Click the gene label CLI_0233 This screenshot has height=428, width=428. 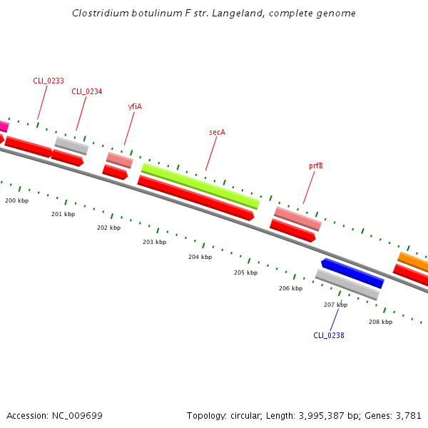pos(49,81)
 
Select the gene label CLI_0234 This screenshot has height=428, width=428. pos(87,91)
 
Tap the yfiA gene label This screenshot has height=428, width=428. pos(135,106)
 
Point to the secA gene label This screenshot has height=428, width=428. pos(217,132)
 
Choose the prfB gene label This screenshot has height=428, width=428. pos(315,165)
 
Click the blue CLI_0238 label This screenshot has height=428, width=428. pos(329,335)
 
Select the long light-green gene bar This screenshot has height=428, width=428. pos(200,185)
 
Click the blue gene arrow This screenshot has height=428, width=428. pos(352,273)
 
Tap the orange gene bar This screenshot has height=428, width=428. pos(413,262)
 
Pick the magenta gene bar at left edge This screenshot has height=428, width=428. pos(4,126)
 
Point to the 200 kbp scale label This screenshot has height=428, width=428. pos(17,201)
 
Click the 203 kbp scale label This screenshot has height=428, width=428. pos(154,243)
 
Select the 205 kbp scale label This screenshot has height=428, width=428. pos(245,273)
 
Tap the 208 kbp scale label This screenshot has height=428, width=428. pos(380,322)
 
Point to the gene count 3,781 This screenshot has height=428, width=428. pos(409,415)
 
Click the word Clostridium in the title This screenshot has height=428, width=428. pos(99,14)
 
